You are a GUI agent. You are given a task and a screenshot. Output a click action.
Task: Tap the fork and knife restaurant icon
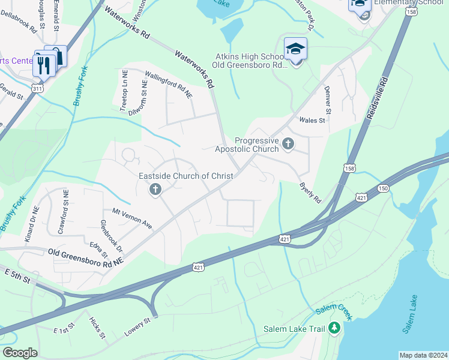[43, 64]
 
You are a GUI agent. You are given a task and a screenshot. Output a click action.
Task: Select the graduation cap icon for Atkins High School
[295, 48]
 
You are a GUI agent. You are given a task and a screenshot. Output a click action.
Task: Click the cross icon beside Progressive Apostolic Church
[288, 143]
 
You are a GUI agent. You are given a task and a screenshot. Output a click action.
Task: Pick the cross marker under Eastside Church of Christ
[155, 190]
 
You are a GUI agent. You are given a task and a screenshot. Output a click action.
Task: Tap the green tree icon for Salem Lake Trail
[335, 329]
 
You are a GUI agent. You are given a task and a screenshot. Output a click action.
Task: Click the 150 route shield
[382, 189]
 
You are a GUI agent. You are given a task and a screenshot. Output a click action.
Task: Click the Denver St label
[328, 98]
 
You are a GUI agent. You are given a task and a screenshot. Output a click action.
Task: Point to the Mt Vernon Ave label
[132, 217]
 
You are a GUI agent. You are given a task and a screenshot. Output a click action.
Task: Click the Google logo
[20, 352]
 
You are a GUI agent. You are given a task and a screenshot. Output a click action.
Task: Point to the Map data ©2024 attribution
[423, 355]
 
